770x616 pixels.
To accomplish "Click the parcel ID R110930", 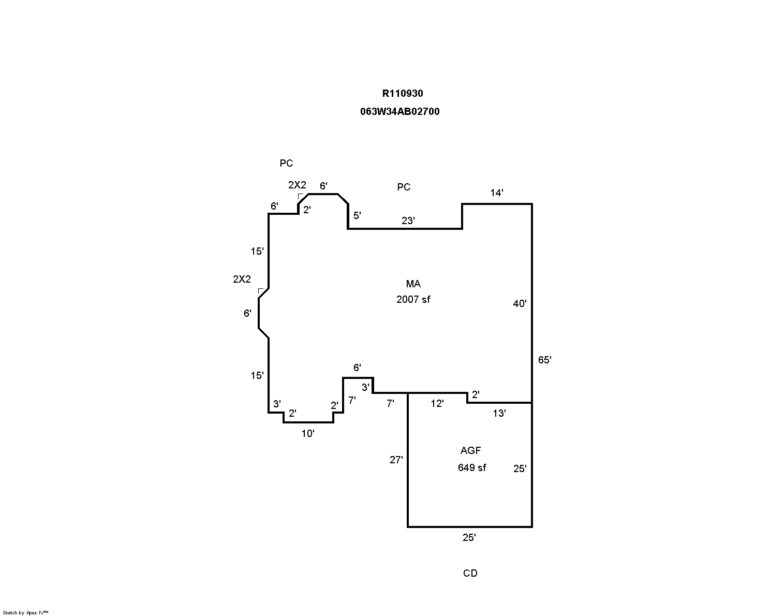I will click(403, 94).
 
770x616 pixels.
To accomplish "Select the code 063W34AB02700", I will click(400, 111).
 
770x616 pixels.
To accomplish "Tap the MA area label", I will click(413, 284).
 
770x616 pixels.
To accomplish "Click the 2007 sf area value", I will click(413, 299).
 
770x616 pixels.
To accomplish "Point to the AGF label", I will click(470, 450).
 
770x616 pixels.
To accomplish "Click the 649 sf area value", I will click(471, 467).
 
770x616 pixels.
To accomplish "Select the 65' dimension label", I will click(544, 360).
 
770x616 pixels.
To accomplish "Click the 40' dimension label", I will click(520, 304).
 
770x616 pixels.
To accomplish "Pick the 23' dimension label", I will click(408, 221).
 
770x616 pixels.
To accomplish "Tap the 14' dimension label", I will click(497, 193).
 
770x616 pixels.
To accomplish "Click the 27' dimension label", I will click(396, 459).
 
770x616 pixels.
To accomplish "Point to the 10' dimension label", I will click(308, 434).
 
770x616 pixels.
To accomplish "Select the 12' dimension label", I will click(437, 404).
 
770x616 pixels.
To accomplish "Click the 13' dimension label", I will click(499, 413).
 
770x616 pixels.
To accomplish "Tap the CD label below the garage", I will click(470, 573).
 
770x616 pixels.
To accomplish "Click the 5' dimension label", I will click(357, 215).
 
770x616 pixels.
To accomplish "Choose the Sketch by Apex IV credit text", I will click(25, 612).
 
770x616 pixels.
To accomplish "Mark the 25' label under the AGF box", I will click(469, 538).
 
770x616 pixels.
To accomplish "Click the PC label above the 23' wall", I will click(404, 187).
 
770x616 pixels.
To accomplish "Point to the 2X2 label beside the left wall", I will click(242, 279).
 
